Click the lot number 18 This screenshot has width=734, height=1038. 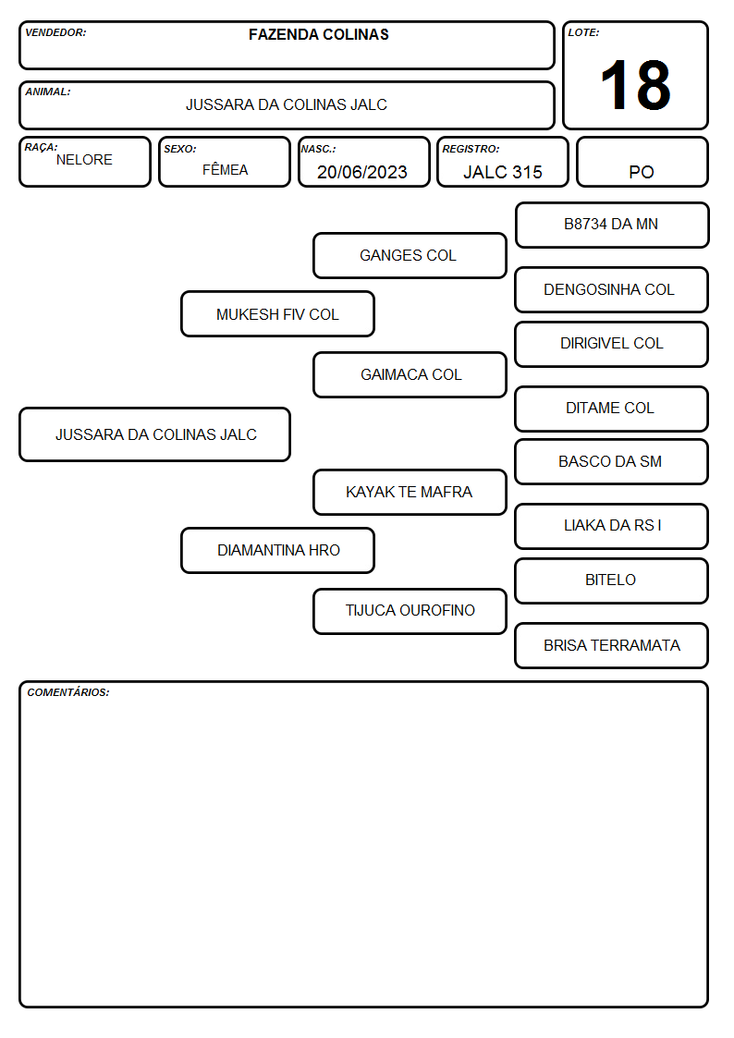635,85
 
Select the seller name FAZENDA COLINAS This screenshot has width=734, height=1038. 318,34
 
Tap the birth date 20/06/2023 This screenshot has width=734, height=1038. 362,172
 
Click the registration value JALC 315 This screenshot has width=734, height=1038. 502,172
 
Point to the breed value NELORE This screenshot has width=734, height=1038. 84,160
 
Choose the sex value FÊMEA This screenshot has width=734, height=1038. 225,169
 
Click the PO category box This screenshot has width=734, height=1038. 642,162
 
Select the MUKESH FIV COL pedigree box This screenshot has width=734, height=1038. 277,313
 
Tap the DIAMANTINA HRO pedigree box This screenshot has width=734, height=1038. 277,550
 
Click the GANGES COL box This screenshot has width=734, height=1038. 410,255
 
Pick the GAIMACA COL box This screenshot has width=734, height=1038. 410,374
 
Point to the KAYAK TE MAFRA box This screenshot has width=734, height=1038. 410,492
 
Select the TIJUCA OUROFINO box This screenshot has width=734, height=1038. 410,611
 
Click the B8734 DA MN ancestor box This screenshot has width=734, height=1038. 612,226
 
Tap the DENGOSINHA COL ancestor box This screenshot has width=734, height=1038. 612,289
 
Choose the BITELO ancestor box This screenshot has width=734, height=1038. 612,580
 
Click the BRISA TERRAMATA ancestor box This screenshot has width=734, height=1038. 612,645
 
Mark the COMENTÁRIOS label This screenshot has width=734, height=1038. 68,692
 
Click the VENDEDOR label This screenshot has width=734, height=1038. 55,32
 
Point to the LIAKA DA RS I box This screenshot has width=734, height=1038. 612,526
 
